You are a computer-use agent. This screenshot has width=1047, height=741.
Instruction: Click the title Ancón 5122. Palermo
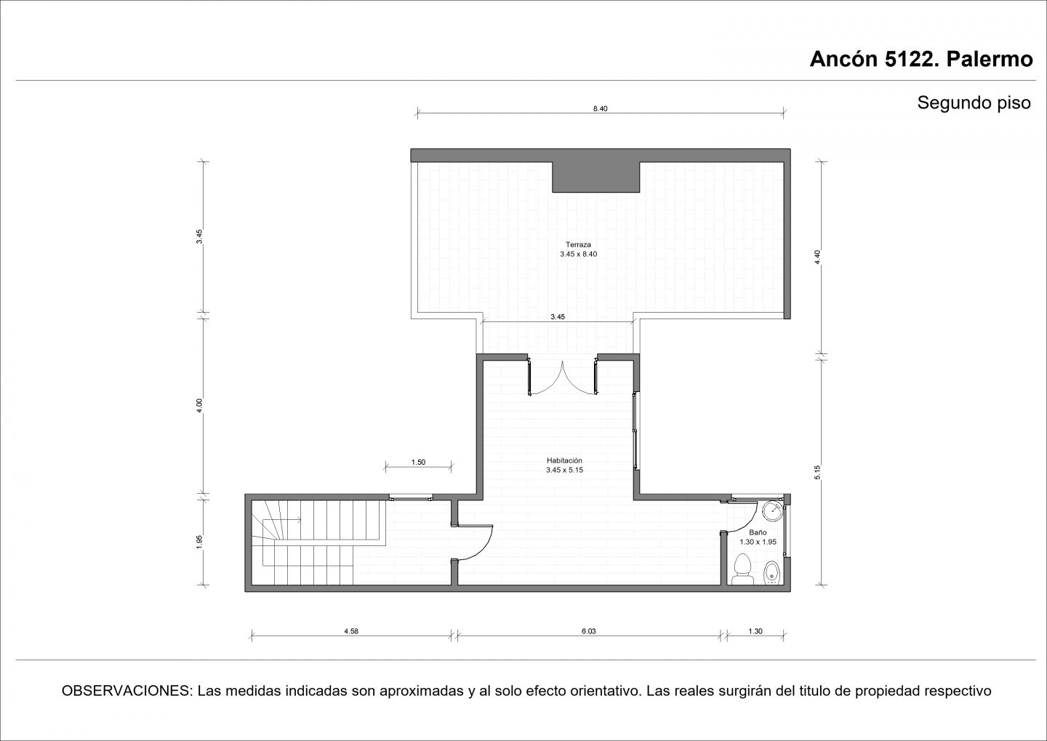tap(920, 60)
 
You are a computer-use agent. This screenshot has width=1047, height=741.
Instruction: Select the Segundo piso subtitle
tap(974, 103)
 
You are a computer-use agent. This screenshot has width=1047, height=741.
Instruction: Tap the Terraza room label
tap(578, 244)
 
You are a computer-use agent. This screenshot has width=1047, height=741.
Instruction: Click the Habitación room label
tap(564, 460)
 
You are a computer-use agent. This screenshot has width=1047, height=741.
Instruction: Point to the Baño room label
tap(758, 532)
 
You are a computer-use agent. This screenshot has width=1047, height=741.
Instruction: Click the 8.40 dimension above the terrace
tap(600, 109)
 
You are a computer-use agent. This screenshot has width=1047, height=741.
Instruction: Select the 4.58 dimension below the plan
tap(351, 631)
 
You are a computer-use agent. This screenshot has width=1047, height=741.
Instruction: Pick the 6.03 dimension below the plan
tap(588, 631)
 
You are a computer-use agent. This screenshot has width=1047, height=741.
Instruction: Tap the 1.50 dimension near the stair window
tap(418, 462)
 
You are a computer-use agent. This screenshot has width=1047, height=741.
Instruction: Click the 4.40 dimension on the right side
tap(817, 257)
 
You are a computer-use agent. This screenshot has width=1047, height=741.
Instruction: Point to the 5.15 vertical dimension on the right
tap(817, 472)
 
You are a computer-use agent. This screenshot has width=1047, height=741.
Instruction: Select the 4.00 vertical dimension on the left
tap(199, 405)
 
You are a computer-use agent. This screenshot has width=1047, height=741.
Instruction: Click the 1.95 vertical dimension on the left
tap(199, 541)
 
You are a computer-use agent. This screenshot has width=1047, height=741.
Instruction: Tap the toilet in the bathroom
tap(742, 569)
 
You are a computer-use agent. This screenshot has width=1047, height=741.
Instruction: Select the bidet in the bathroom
tap(771, 573)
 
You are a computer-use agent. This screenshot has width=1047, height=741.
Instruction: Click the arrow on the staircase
tap(282, 519)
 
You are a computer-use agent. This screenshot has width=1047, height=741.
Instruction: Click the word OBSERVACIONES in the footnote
tap(127, 691)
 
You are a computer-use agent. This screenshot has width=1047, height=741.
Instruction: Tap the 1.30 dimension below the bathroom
tap(755, 631)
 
